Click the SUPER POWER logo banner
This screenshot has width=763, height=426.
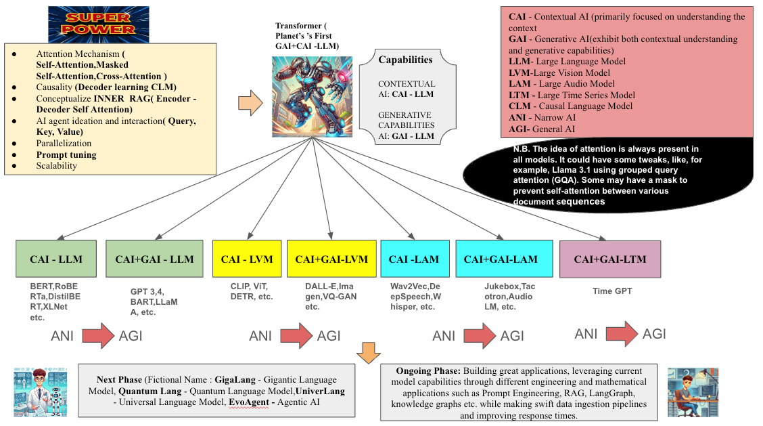pos(99,24)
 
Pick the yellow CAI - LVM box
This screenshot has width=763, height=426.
pos(246,259)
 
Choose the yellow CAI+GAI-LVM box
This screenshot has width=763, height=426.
pos(331,259)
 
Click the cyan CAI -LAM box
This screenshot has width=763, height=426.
pos(415,259)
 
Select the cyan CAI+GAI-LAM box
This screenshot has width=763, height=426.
pos(500,259)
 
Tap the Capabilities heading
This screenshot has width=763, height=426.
pos(405,60)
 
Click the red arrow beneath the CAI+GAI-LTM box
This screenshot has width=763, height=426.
pos(621,333)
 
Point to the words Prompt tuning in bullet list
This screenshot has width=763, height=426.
pos(66,154)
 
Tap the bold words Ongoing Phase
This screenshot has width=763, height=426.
pos(419,371)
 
